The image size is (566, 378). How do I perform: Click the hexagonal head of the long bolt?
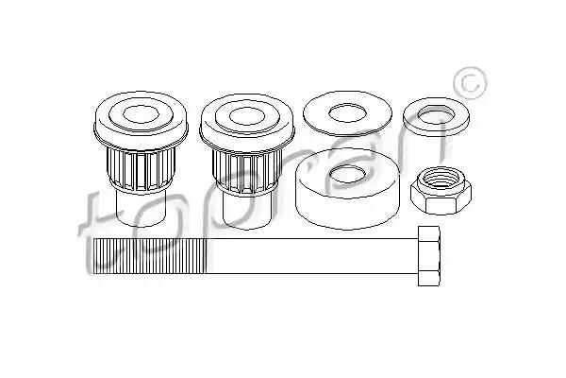coord(429,256)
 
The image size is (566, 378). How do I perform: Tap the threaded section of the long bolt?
coord(150,256)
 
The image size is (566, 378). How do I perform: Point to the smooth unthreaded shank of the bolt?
coord(312,256)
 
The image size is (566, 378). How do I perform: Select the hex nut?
coord(441,190)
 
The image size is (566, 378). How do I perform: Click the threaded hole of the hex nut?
coord(440,178)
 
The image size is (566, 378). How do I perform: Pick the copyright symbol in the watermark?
coord(470,83)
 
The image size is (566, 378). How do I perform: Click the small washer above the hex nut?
coord(437,117)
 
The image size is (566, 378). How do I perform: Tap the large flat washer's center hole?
coord(347,112)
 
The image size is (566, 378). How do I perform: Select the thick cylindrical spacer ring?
coord(346,189)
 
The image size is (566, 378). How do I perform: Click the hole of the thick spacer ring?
coord(348,174)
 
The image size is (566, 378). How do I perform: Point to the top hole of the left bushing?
coord(141,114)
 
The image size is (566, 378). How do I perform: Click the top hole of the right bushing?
coord(247,116)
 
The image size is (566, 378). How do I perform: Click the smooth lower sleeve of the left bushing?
coord(141,209)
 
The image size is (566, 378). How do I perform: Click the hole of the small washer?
coord(437,114)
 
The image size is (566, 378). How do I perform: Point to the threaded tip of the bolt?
coord(93,256)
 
